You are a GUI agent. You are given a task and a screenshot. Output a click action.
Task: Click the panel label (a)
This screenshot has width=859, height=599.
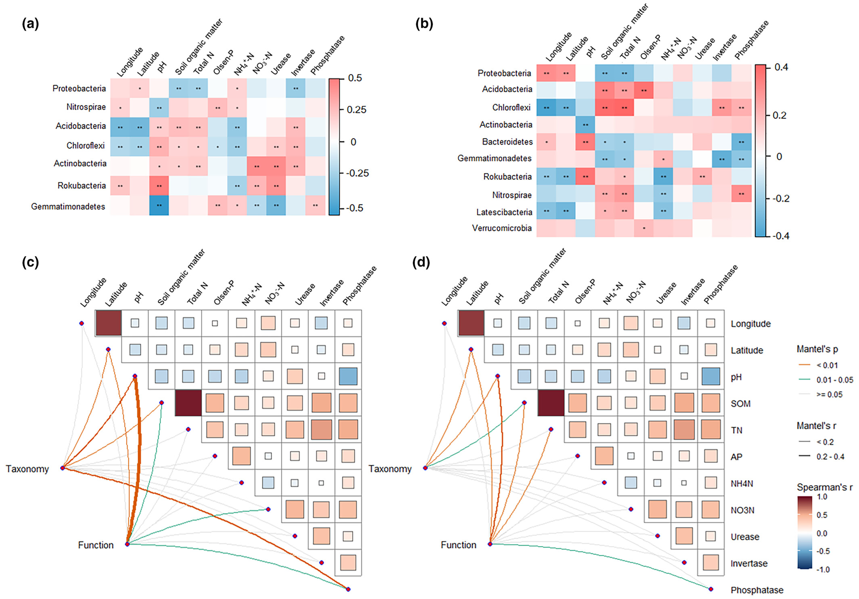coord(30,24)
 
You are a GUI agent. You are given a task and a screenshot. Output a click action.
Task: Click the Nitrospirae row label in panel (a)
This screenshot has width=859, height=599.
coord(86,107)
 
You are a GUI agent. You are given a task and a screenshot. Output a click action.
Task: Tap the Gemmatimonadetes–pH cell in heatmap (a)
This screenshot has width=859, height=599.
coord(159,205)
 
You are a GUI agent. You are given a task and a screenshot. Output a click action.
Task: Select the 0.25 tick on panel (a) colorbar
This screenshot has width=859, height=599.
coord(356,110)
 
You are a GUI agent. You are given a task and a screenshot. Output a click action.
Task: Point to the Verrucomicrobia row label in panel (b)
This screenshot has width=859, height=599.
coord(502,228)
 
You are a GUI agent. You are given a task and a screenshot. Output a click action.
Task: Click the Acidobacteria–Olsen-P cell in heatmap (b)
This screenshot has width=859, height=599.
coord(643,90)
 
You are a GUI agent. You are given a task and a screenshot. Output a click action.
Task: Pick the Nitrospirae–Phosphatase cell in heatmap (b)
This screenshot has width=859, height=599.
coord(741,194)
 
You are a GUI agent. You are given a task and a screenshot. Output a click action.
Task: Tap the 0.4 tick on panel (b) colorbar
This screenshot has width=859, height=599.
coord(781,67)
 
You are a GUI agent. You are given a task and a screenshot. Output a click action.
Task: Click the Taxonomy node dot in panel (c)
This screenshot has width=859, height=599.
coord(63,468)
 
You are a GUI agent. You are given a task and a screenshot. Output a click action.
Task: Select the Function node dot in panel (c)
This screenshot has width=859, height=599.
coord(127,544)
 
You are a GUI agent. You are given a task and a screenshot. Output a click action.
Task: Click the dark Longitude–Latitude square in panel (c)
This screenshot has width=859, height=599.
coord(108,323)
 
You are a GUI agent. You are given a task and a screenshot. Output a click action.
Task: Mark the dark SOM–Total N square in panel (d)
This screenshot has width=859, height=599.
coord(551,403)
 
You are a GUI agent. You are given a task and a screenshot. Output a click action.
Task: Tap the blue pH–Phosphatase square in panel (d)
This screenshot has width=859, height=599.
coord(711,376)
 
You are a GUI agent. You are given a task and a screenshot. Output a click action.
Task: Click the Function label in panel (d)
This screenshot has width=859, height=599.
coord(458,545)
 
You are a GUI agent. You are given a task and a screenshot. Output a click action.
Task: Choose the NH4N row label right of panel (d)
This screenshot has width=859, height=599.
coord(742,484)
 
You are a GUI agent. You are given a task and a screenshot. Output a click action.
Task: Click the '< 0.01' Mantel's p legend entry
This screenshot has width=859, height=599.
coord(827,365)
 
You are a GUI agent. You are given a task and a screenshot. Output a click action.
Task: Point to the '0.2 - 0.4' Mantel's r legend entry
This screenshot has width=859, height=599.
coord(830,457)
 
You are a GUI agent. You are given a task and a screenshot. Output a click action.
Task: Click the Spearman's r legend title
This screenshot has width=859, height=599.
coord(825,487)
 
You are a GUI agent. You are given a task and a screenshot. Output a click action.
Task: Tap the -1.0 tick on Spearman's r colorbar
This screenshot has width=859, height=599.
coord(823,570)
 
